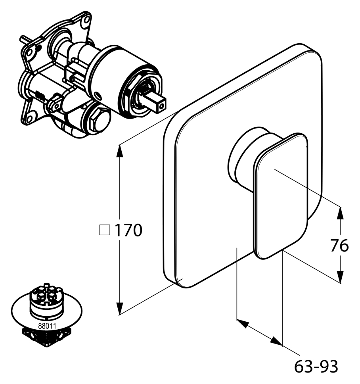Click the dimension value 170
pos(128,230)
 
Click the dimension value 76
pos(339,246)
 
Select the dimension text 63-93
pos(316,366)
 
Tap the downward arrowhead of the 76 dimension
pos(340,277)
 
